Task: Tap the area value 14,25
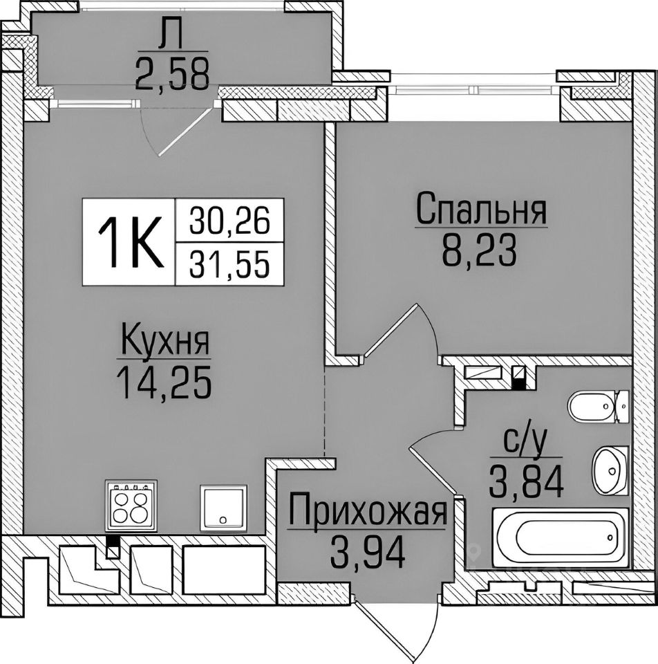(164, 382)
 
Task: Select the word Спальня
(481, 209)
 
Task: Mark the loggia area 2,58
(172, 75)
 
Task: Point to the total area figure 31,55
(228, 263)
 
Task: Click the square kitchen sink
(223, 506)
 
